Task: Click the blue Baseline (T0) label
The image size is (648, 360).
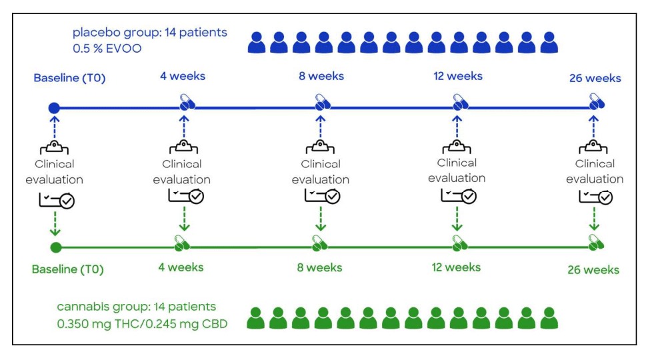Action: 70,79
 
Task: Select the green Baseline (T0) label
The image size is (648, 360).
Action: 68,270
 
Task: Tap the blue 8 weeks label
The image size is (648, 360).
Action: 321,76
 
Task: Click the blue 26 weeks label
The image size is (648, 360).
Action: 595,79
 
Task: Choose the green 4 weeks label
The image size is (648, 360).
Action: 181,267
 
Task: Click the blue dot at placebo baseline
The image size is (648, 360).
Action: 55,107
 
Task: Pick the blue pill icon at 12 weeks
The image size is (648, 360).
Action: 458,103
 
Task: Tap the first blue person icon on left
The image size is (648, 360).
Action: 257,43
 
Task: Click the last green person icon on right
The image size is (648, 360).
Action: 549,318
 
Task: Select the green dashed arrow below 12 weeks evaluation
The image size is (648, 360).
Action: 457,219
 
